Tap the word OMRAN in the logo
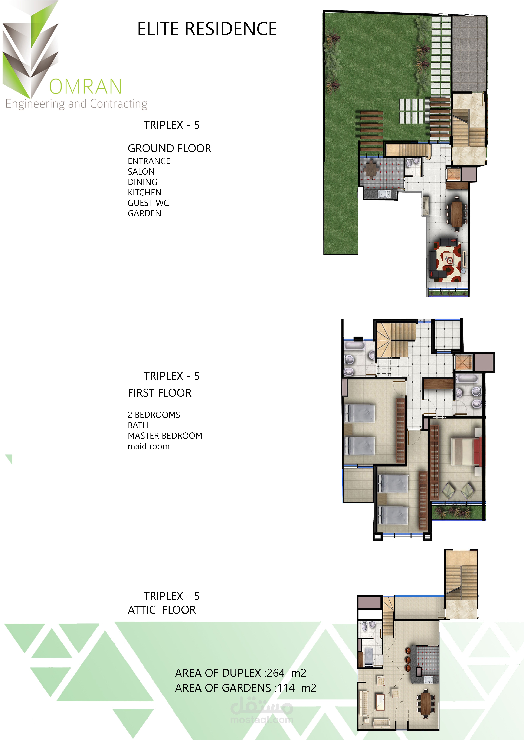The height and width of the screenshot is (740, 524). tap(85, 86)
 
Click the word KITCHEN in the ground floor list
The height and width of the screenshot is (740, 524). tap(145, 192)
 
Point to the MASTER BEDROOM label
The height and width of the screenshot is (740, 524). tap(165, 436)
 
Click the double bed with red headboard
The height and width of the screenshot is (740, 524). tap(466, 451)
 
